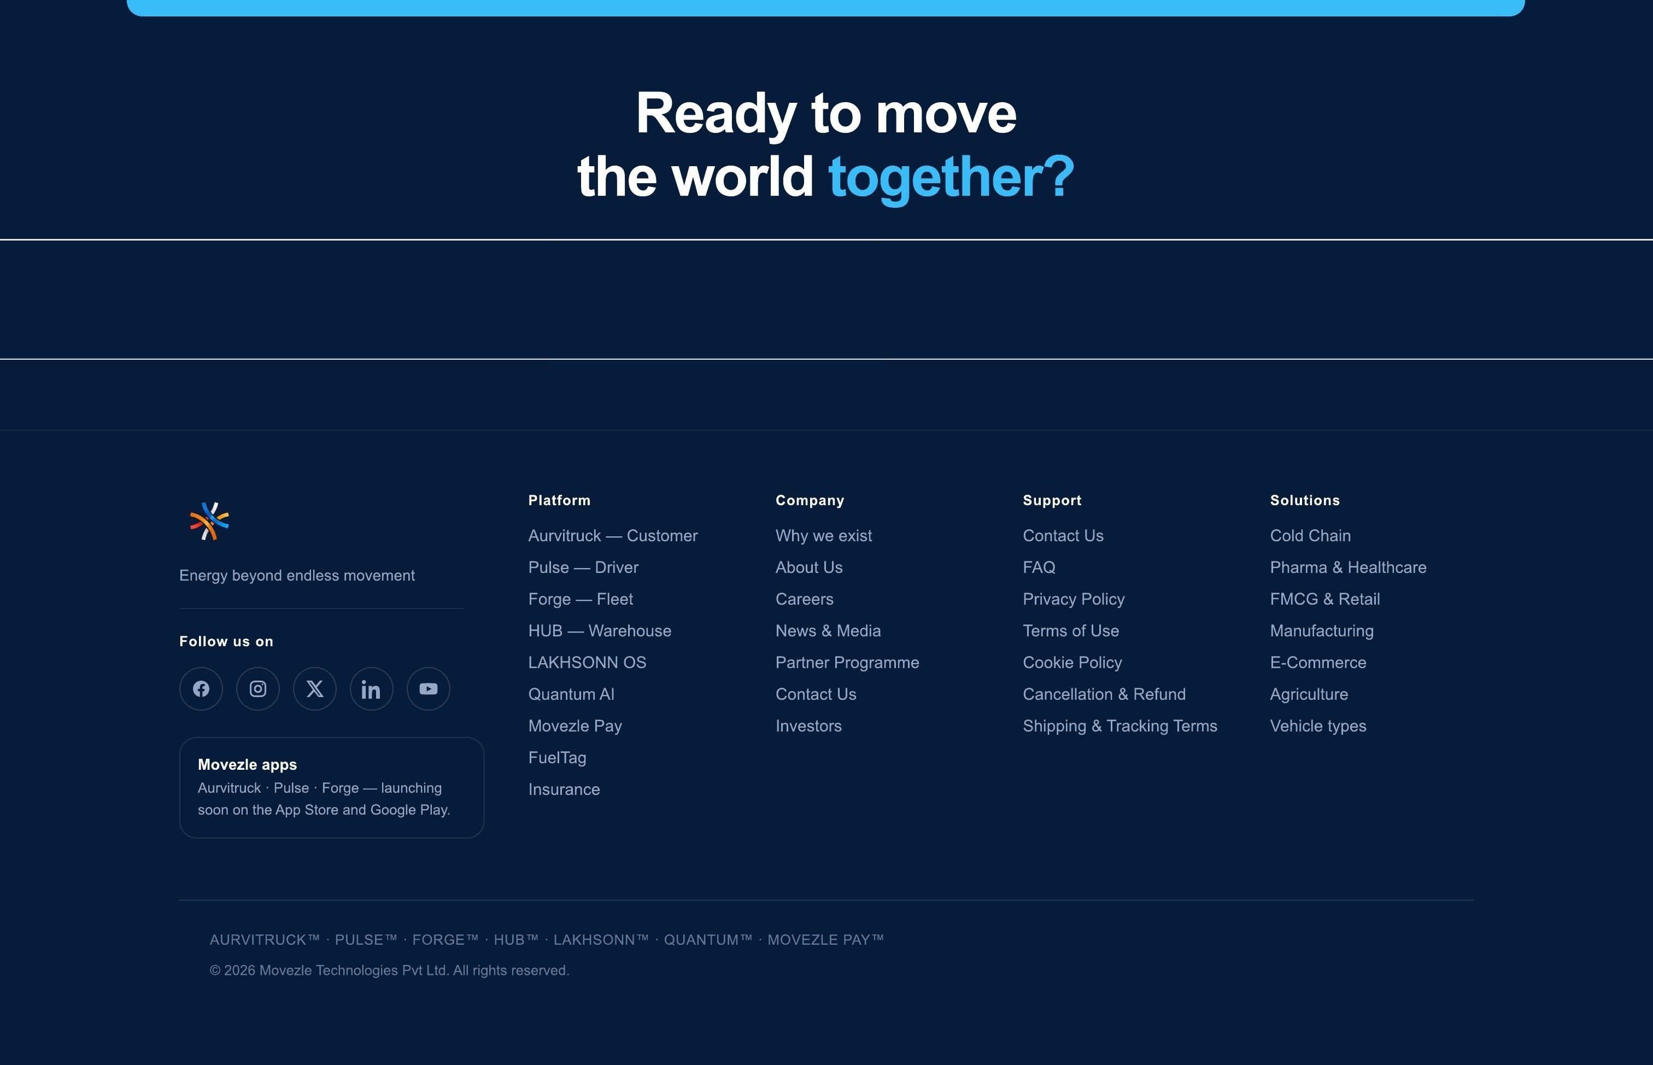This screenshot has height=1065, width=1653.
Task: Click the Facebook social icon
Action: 201,689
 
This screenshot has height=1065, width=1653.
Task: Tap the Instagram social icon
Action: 258,689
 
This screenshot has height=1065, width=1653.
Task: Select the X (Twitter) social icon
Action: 314,689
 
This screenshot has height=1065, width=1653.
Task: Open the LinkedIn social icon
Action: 371,689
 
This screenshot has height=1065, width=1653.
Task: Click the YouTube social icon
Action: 429,689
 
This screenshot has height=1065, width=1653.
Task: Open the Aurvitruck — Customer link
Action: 613,536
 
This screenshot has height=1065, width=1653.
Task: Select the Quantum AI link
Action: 571,694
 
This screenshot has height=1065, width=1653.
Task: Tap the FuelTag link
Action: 557,758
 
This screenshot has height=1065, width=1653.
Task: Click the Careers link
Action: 804,600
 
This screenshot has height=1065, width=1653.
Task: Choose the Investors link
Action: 808,726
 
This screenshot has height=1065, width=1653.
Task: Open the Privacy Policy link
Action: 1074,600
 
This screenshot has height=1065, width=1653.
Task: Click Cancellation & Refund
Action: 1104,694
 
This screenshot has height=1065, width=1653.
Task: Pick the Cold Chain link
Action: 1310,536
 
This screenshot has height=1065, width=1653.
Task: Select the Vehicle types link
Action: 1318,726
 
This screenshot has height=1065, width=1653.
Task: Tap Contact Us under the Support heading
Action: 1063,536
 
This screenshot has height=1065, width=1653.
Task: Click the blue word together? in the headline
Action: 951,178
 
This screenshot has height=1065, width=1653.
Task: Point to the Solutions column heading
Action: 1305,501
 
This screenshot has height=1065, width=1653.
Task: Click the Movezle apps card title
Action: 248,765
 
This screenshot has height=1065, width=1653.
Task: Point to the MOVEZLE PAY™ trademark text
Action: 825,940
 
